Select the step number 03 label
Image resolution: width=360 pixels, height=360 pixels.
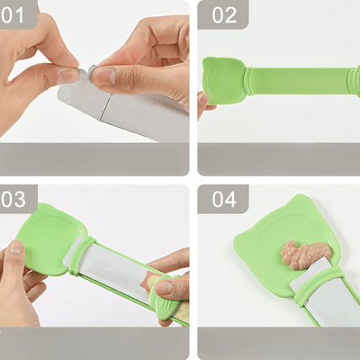[20, 199]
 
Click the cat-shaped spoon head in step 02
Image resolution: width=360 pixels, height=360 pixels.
[223, 81]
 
